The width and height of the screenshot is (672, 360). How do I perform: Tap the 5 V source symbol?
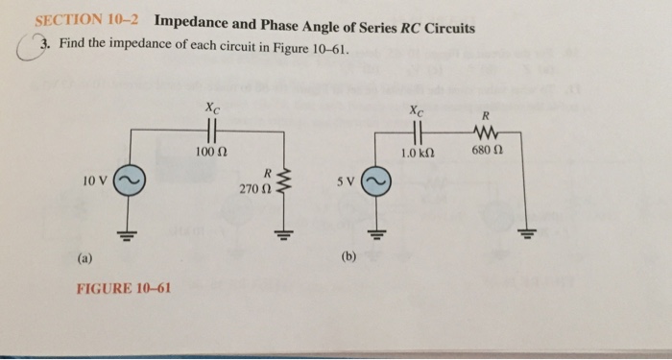pyautogui.click(x=376, y=181)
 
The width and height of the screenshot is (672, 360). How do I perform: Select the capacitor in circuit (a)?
pyautogui.click(x=210, y=132)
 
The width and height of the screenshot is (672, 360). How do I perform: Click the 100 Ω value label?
pyautogui.click(x=209, y=153)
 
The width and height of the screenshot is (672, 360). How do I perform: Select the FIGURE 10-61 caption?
pyautogui.click(x=123, y=288)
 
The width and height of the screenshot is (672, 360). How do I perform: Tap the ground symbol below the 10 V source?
pyautogui.click(x=128, y=233)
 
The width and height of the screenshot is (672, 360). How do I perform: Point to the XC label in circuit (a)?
pyautogui.click(x=210, y=110)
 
